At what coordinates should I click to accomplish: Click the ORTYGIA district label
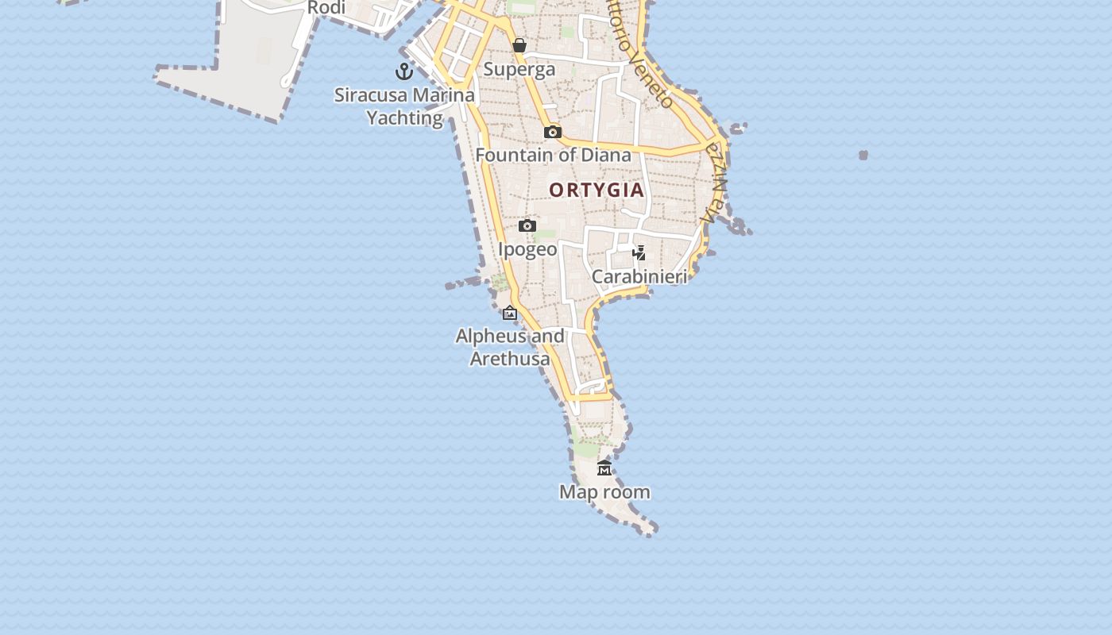click(596, 190)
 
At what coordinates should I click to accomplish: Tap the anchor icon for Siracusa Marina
click(404, 71)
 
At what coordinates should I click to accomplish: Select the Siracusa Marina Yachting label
click(404, 106)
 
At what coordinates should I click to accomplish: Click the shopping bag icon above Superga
click(519, 45)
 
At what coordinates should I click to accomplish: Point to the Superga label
click(519, 69)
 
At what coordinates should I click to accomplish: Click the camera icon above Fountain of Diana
click(553, 132)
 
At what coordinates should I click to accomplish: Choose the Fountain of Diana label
click(553, 155)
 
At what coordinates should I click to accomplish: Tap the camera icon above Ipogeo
click(527, 226)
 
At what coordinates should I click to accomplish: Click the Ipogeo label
click(527, 249)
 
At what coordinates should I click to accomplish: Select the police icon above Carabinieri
click(639, 253)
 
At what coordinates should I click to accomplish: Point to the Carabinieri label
click(639, 276)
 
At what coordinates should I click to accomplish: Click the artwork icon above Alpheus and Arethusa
click(510, 314)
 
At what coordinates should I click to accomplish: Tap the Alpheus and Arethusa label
click(510, 347)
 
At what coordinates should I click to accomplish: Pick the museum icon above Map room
click(604, 468)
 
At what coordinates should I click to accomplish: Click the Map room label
click(604, 492)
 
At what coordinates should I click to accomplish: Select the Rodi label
click(326, 8)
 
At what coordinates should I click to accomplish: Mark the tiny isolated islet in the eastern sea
click(863, 155)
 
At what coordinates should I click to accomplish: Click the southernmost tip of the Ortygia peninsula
click(651, 533)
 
